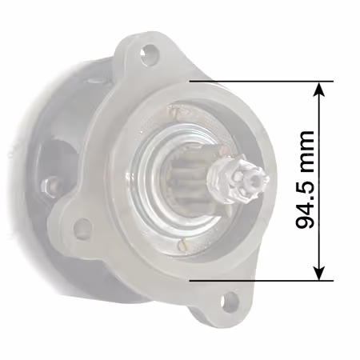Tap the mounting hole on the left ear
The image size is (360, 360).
[83, 228]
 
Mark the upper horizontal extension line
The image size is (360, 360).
[262, 81]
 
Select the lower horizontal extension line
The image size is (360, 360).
[262, 281]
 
